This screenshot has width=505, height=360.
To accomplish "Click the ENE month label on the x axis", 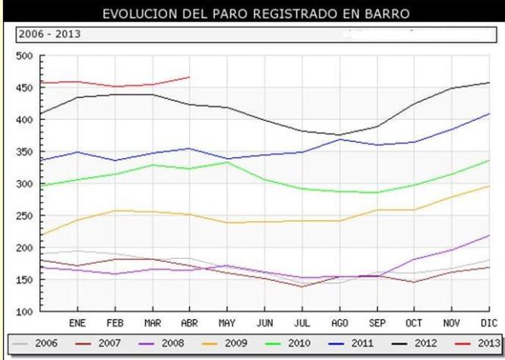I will [x=77, y=322].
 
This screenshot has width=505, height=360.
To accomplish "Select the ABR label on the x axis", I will [x=188, y=322].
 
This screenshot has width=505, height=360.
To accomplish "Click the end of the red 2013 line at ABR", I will [x=189, y=77].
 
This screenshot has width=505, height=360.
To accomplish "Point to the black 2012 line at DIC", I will [x=488, y=83].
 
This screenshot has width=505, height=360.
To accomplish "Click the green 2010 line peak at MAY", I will [x=226, y=162].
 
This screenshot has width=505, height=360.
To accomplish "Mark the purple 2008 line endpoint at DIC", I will [x=488, y=235].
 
